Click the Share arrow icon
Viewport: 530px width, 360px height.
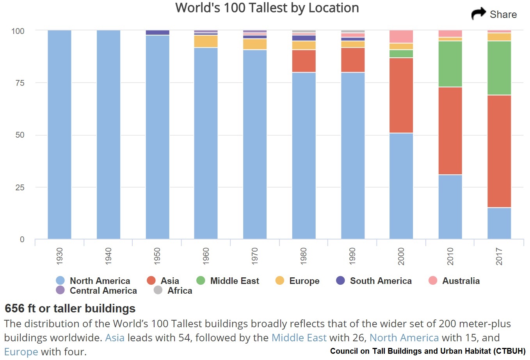[478, 14]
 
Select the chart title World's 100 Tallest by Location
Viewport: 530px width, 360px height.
[267, 8]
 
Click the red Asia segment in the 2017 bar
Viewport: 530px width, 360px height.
[499, 151]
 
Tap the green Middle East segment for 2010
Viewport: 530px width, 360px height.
[450, 64]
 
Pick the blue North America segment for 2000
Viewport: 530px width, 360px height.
[401, 186]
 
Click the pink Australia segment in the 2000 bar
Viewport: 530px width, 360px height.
[401, 36]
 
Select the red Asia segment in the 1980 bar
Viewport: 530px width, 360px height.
[304, 61]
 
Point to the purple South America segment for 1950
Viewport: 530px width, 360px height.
[157, 32]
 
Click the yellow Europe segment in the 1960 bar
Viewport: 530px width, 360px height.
[206, 41]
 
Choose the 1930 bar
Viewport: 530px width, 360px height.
[59, 134]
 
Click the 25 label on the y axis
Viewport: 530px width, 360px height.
[20, 187]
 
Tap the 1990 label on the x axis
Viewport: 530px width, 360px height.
[352, 256]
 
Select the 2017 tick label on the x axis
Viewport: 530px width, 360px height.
[499, 256]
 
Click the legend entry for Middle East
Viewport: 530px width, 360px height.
[234, 281]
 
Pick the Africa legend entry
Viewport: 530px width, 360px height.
[180, 291]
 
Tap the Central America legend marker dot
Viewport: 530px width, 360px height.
[60, 290]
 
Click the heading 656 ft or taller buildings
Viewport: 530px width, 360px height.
[70, 309]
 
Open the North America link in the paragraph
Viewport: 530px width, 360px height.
[404, 337]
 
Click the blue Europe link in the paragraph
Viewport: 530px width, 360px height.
[21, 351]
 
